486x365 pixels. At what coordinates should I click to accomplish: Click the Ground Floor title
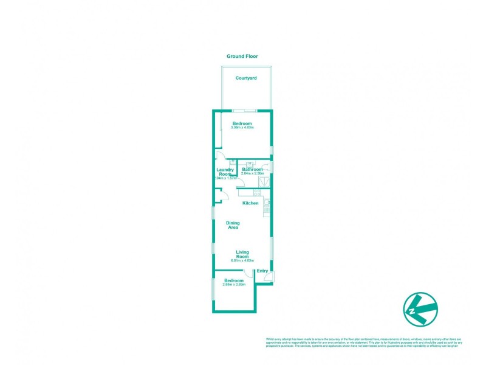[x=242, y=56]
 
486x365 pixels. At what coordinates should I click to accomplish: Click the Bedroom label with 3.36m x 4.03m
[x=242, y=123]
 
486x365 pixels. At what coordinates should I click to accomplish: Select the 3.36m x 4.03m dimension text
[x=242, y=128]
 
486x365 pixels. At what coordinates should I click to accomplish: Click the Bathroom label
[x=252, y=169]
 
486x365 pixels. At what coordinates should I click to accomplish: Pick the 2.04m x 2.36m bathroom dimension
[x=252, y=173]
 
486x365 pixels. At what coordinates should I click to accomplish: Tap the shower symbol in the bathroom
[x=266, y=181]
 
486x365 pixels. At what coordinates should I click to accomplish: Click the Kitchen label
[x=250, y=203]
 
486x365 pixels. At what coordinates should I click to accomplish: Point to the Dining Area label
[x=233, y=225]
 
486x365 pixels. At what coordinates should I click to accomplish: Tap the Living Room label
[x=242, y=254]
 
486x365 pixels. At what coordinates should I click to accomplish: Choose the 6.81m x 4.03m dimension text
[x=242, y=260]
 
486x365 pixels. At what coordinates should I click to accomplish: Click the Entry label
[x=262, y=271]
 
